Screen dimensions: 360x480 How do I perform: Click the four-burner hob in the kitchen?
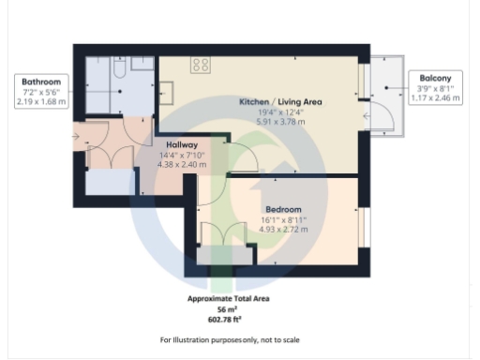pyautogui.click(x=201, y=65)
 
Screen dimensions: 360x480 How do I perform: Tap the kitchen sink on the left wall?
pyautogui.click(x=165, y=93)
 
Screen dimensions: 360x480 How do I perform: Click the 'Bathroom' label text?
pyautogui.click(x=41, y=82)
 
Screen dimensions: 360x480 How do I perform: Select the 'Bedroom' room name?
pyautogui.click(x=282, y=208)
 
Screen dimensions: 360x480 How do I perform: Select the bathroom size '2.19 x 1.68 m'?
pyautogui.click(x=41, y=101)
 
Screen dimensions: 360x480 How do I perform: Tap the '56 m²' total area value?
pyautogui.click(x=230, y=308)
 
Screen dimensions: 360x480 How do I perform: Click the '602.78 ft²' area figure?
pyautogui.click(x=230, y=319)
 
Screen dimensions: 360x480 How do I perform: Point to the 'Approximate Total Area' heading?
pyautogui.click(x=230, y=298)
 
